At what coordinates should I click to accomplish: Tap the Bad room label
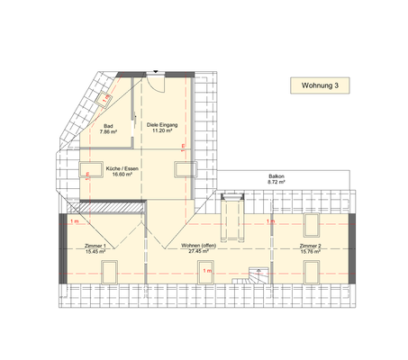pyautogui.click(x=108, y=126)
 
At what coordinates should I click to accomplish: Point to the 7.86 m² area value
pyautogui.click(x=108, y=132)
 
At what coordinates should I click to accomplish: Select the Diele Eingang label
pyautogui.click(x=162, y=125)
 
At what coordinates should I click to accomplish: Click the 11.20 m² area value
pyautogui.click(x=162, y=131)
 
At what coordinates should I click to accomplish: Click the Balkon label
pyautogui.click(x=276, y=175)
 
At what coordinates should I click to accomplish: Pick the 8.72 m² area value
pyautogui.click(x=276, y=182)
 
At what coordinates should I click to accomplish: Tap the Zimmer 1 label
pyautogui.click(x=95, y=246)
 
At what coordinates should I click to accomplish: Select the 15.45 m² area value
pyautogui.click(x=95, y=252)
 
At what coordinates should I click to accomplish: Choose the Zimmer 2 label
pyautogui.click(x=311, y=246)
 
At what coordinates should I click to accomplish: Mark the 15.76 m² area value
pyautogui.click(x=311, y=252)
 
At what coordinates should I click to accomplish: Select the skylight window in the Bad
pyautogui.click(x=106, y=94)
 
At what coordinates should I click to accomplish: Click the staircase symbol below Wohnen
pyautogui.click(x=258, y=277)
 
